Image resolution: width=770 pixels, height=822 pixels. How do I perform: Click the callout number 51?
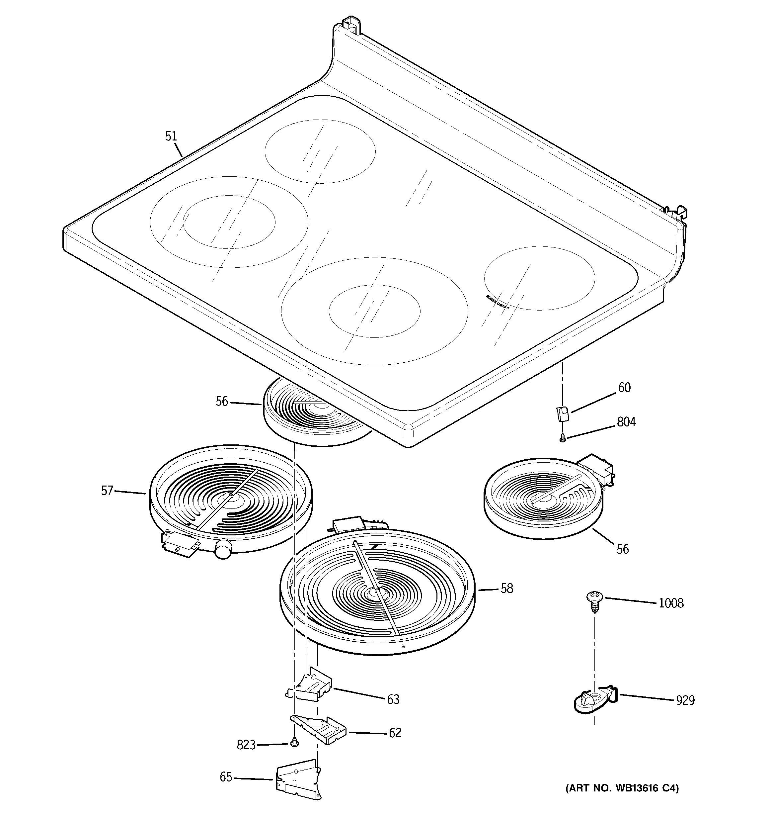click(171, 136)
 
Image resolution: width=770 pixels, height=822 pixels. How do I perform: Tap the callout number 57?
click(107, 491)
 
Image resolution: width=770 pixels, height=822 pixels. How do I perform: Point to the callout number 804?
click(626, 422)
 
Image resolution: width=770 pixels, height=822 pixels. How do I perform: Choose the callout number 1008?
click(671, 603)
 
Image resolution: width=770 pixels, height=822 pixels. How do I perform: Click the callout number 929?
click(685, 700)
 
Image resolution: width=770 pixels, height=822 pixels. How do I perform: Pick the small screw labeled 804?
click(562, 439)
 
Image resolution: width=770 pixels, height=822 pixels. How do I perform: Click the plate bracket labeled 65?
click(298, 779)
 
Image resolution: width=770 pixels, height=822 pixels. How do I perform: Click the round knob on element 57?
click(223, 549)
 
